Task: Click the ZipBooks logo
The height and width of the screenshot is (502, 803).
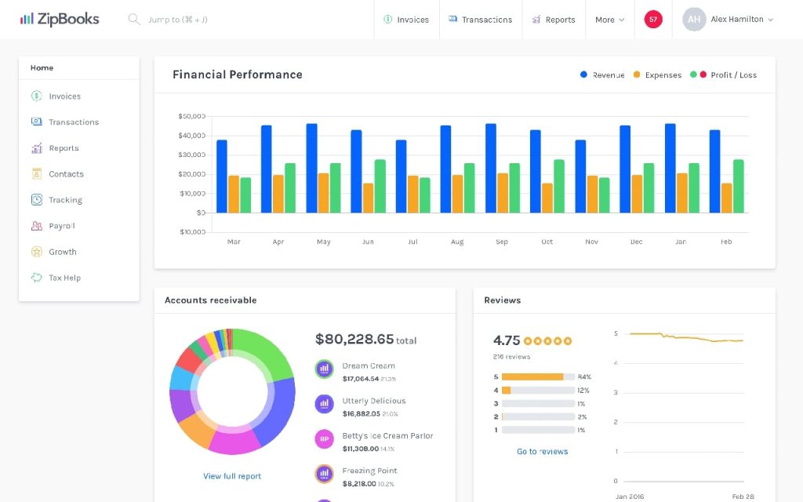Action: pos(60,19)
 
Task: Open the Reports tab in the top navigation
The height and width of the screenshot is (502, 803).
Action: pos(554,20)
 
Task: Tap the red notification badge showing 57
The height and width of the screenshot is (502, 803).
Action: pos(653,19)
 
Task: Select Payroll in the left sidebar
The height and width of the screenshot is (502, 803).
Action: pos(62,226)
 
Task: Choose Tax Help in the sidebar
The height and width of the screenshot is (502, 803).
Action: pos(64,278)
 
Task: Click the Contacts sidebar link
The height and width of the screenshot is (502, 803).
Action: pos(66,174)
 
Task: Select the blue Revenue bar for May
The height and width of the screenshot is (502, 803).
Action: pos(311,168)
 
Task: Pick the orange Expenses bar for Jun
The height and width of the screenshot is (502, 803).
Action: pos(368,198)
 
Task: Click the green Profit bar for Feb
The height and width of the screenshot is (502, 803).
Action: pos(738,186)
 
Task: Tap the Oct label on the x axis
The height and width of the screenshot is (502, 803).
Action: pos(547,242)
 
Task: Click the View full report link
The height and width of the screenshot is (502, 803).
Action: pos(232,476)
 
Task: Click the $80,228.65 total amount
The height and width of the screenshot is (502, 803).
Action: pos(354,339)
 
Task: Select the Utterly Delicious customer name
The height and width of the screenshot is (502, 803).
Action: pos(374,401)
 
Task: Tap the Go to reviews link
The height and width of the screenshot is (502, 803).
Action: pos(542,451)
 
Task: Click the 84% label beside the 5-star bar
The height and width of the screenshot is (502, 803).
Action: pos(584,377)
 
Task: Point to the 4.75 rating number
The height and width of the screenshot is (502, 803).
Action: pos(507,340)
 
